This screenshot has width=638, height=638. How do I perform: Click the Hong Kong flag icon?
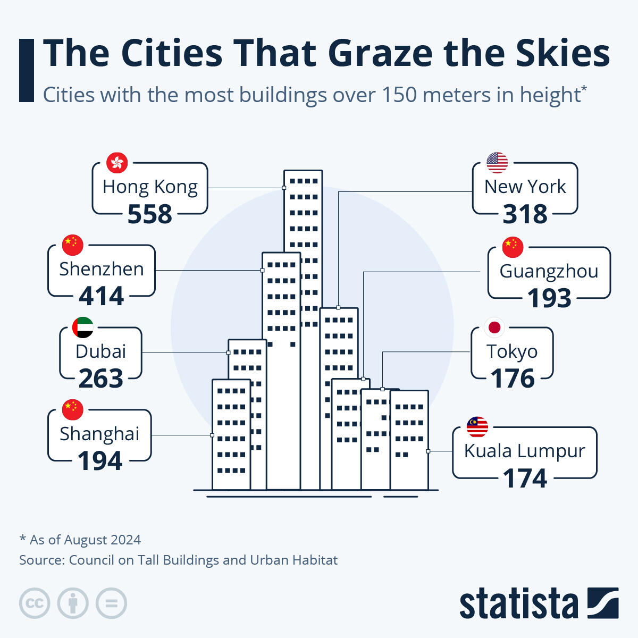117,163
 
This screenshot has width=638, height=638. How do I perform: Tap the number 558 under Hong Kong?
150,214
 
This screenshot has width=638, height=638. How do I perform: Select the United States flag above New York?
497,163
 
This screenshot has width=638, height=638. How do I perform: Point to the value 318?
525,214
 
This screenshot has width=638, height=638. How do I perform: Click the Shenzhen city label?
102,269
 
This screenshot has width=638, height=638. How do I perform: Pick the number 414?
102,296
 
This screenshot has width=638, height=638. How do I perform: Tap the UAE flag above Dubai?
83,328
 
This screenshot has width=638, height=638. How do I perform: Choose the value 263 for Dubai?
101,379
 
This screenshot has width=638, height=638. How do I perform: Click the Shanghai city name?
99,434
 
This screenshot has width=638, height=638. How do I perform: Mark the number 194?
100,461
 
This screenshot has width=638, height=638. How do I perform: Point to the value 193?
549,298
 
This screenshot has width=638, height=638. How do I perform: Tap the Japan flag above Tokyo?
494,327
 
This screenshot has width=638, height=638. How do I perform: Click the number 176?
513,379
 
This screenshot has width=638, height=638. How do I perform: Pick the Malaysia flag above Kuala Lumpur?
477,426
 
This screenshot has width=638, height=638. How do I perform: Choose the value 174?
525,478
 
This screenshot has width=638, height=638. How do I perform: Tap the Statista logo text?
518,604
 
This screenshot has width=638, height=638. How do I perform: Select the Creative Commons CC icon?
35,603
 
